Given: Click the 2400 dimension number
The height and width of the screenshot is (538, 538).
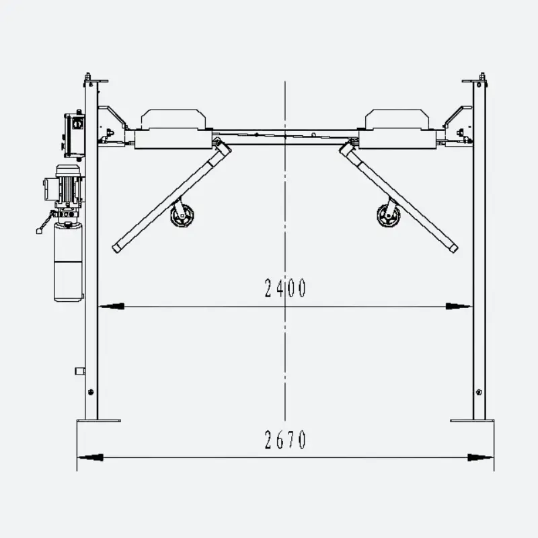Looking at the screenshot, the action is tap(284, 288).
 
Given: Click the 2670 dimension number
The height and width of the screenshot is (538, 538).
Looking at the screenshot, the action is tap(284, 440).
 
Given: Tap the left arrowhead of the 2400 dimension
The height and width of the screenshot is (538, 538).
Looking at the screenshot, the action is tap(111, 307).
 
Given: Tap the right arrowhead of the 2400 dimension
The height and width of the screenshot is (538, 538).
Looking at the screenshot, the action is tap(459, 307).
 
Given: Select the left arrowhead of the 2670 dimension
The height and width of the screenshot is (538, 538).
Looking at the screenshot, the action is tap(90, 457).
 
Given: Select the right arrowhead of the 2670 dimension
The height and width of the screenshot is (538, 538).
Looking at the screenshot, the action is tap(481, 457).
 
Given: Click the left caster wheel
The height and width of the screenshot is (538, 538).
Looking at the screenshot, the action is tap(182, 215).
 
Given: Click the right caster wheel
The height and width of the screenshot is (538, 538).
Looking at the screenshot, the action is tap(389, 215).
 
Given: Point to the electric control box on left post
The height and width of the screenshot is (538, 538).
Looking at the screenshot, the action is tap(75, 135).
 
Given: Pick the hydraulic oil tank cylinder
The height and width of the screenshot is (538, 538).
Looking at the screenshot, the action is tap(69, 262).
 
